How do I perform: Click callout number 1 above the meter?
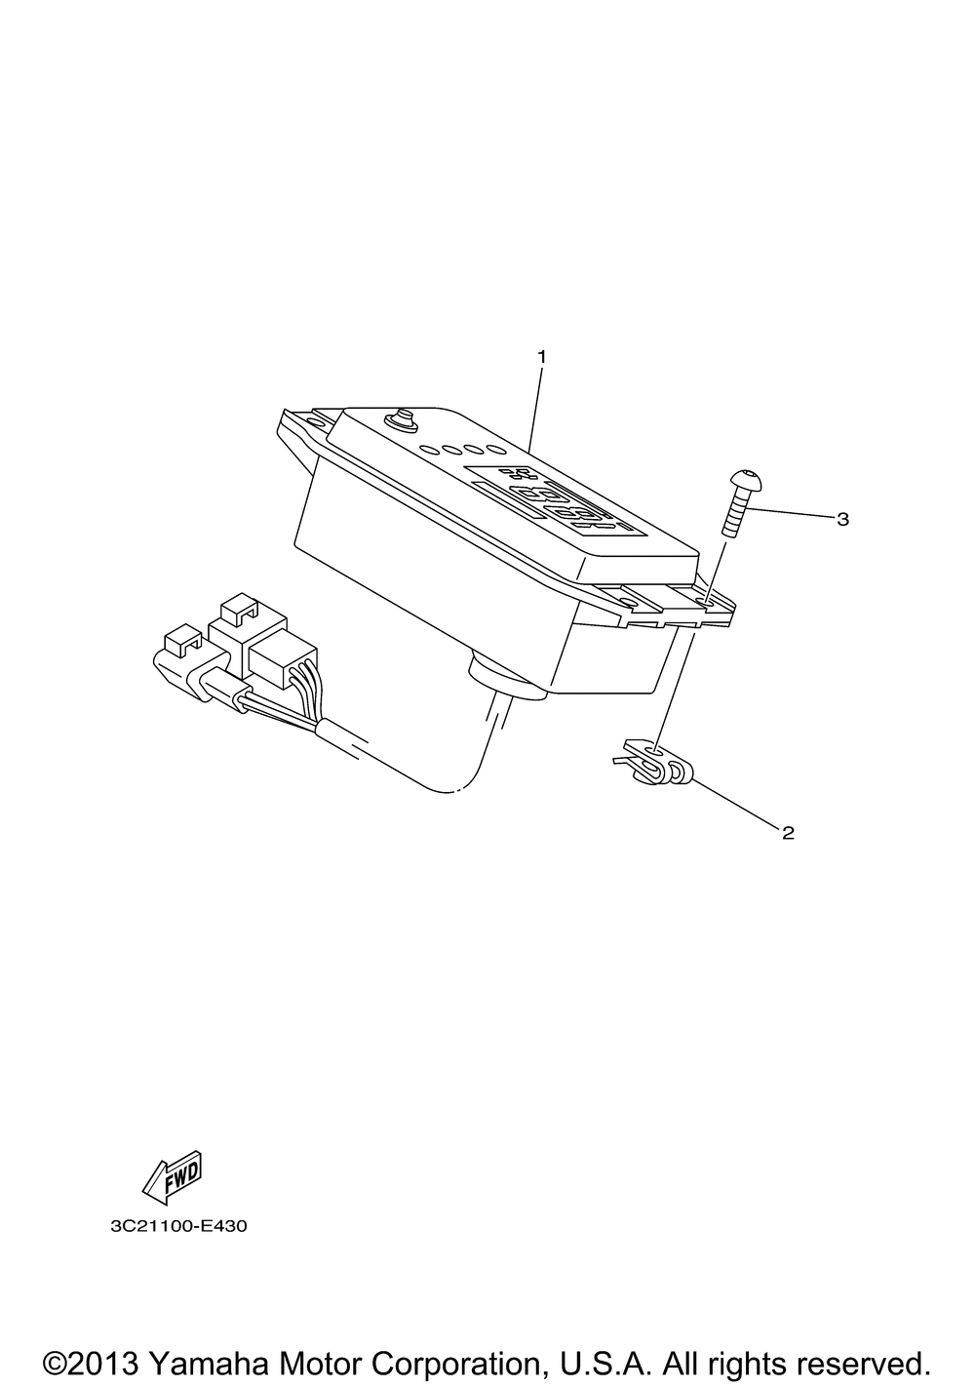pyautogui.click(x=542, y=357)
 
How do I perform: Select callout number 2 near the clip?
pyautogui.click(x=788, y=833)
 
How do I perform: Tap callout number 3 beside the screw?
pyautogui.click(x=842, y=520)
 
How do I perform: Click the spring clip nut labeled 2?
pyautogui.click(x=655, y=765)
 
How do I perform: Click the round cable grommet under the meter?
pyautogui.click(x=507, y=679)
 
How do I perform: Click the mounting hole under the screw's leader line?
pyautogui.click(x=704, y=600)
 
